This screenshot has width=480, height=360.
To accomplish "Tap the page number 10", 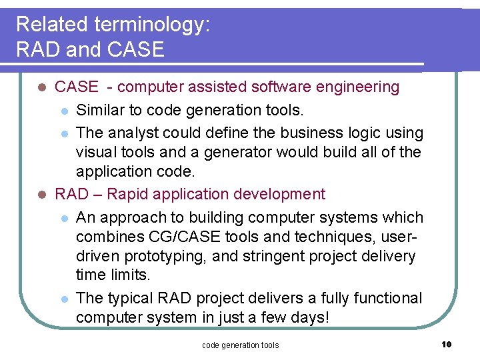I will tap(446, 344).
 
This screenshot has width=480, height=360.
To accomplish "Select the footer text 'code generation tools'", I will tap(240, 345).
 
